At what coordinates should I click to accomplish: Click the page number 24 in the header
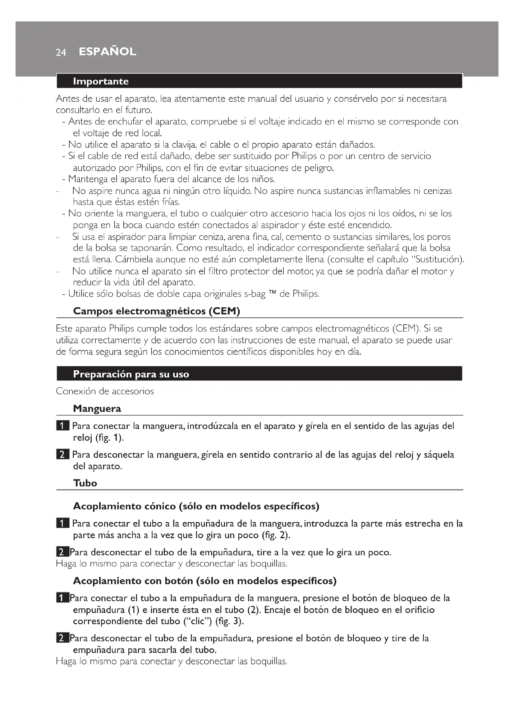point(61,52)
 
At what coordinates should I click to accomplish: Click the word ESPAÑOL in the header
point(107,52)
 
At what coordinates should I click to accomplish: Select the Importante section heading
point(101,81)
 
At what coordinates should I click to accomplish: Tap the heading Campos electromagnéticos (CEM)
point(156,311)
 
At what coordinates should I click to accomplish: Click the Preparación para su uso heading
point(131,374)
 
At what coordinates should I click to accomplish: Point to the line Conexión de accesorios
point(105,391)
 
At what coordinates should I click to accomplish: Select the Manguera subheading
point(97,408)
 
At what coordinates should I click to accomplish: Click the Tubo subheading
point(85,483)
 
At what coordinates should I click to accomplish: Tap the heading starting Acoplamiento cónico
point(196,506)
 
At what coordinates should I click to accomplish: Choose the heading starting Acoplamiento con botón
point(204,581)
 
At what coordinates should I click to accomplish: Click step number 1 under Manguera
point(62,426)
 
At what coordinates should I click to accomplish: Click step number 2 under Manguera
point(62,455)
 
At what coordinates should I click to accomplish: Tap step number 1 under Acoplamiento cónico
point(62,524)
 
